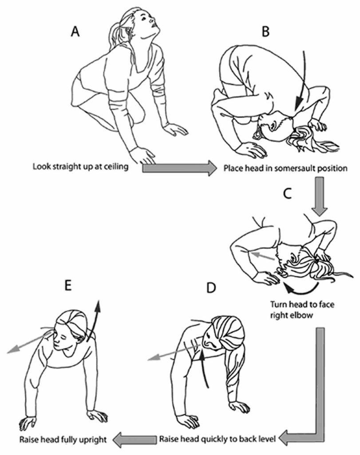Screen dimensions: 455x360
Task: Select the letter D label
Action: pyautogui.click(x=212, y=288)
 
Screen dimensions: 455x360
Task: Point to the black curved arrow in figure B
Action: pyautogui.click(x=302, y=84)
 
